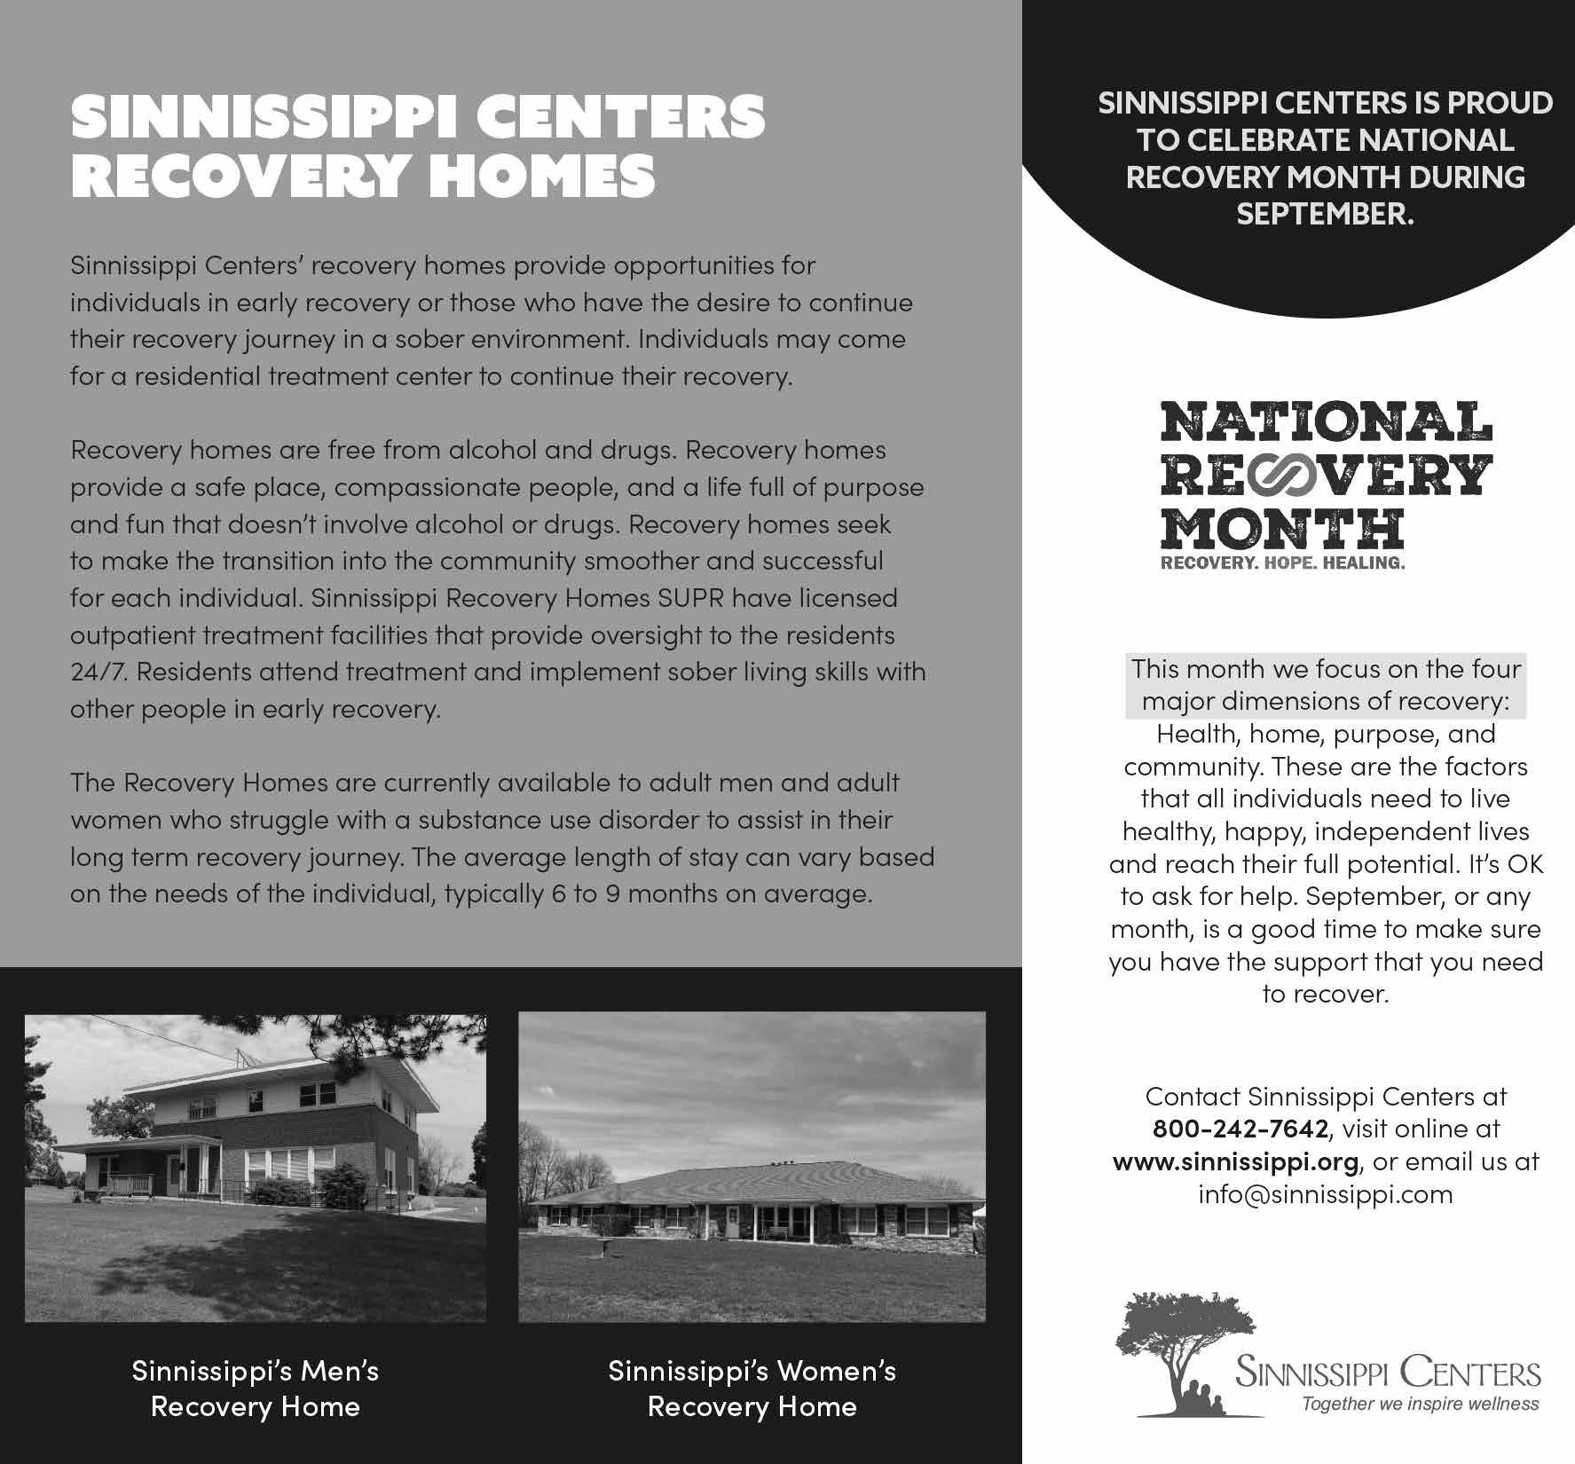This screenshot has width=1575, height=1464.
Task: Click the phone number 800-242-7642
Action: (x=1240, y=1129)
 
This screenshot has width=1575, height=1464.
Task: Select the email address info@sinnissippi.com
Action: (x=1326, y=1194)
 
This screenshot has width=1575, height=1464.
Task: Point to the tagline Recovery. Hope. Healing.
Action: (x=1283, y=563)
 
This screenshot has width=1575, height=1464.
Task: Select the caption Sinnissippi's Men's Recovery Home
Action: (x=256, y=1389)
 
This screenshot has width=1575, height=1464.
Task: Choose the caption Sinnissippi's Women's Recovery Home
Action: (x=752, y=1389)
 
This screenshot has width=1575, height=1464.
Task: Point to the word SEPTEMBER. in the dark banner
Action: (x=1325, y=214)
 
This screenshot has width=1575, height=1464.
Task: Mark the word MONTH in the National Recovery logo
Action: (x=1282, y=529)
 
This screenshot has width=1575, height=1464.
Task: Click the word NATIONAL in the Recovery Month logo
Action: (x=1326, y=423)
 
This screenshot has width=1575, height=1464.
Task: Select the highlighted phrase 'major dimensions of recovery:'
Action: (x=1326, y=701)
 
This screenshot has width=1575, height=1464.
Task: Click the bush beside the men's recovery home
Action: (x=342, y=1185)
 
